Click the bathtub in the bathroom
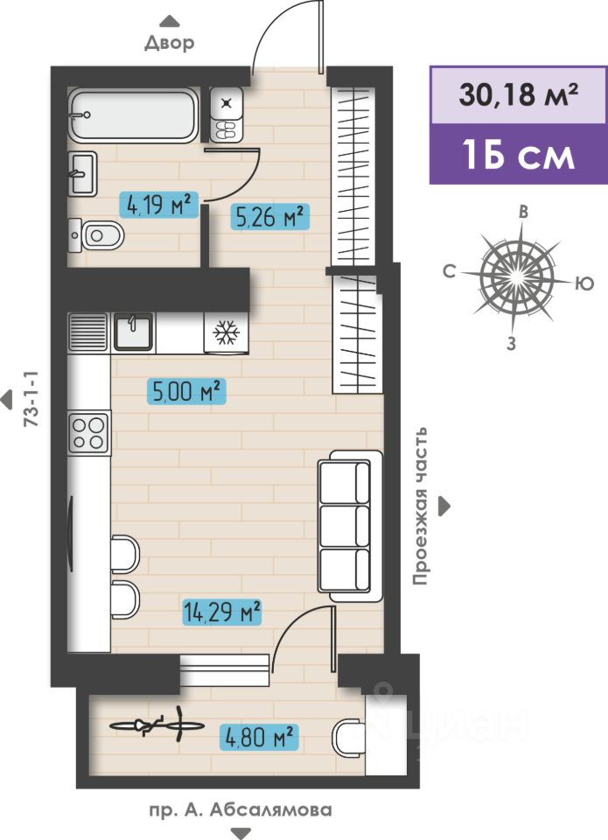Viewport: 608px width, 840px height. [x=134, y=115]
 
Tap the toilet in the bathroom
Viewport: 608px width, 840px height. [x=96, y=234]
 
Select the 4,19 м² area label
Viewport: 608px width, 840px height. [x=159, y=204]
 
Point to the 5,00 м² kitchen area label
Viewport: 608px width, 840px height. [x=186, y=391]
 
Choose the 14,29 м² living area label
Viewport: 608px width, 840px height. [x=222, y=612]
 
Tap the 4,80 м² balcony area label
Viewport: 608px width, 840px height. [x=259, y=737]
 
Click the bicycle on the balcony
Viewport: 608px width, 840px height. [x=157, y=724]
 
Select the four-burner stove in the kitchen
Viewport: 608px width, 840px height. [x=89, y=433]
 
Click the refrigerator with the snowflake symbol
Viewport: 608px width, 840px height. [x=226, y=333]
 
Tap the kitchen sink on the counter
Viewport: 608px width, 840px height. [x=133, y=332]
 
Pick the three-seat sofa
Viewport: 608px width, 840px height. [x=350, y=526]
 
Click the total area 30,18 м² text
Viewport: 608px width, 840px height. [x=519, y=94]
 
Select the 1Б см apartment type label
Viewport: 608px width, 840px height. [x=519, y=156]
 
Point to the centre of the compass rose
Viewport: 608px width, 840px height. [x=516, y=276]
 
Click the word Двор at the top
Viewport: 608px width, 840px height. [x=169, y=42]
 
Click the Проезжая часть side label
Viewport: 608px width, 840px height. [x=420, y=506]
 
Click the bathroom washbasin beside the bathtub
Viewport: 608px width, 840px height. [x=82, y=173]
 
